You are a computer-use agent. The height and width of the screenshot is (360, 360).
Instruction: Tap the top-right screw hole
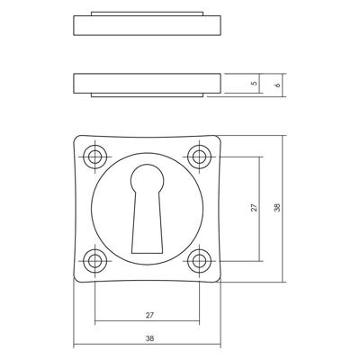[x=198, y=157]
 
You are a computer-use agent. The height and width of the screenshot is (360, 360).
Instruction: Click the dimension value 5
[x=255, y=84]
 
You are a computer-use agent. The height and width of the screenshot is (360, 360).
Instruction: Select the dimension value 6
[x=278, y=84]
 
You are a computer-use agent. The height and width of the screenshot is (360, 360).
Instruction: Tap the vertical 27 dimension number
[x=255, y=208]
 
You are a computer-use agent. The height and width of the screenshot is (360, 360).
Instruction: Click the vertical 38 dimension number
[x=278, y=208]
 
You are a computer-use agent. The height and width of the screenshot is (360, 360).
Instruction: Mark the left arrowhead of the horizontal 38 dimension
[x=76, y=346]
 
